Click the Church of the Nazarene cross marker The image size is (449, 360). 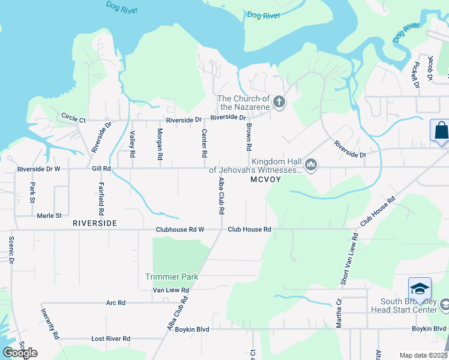[x=279, y=103]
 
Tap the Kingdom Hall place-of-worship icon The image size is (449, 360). [x=310, y=165]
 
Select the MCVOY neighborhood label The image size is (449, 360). [x=266, y=179]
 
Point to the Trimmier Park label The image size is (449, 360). [x=172, y=277]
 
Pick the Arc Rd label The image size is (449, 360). [x=115, y=303]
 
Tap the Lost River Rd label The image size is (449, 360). [x=110, y=338]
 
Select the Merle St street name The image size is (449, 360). [x=49, y=215]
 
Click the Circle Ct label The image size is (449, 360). [x=74, y=118]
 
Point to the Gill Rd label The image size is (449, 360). [x=101, y=169]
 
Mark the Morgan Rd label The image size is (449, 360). [x=160, y=144]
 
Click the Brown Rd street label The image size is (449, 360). [x=248, y=137]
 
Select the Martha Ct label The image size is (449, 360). [x=339, y=310]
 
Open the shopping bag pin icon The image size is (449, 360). [x=440, y=130]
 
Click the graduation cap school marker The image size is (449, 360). [x=420, y=289]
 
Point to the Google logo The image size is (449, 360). [x=20, y=352]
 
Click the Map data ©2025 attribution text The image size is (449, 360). [x=423, y=355]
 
